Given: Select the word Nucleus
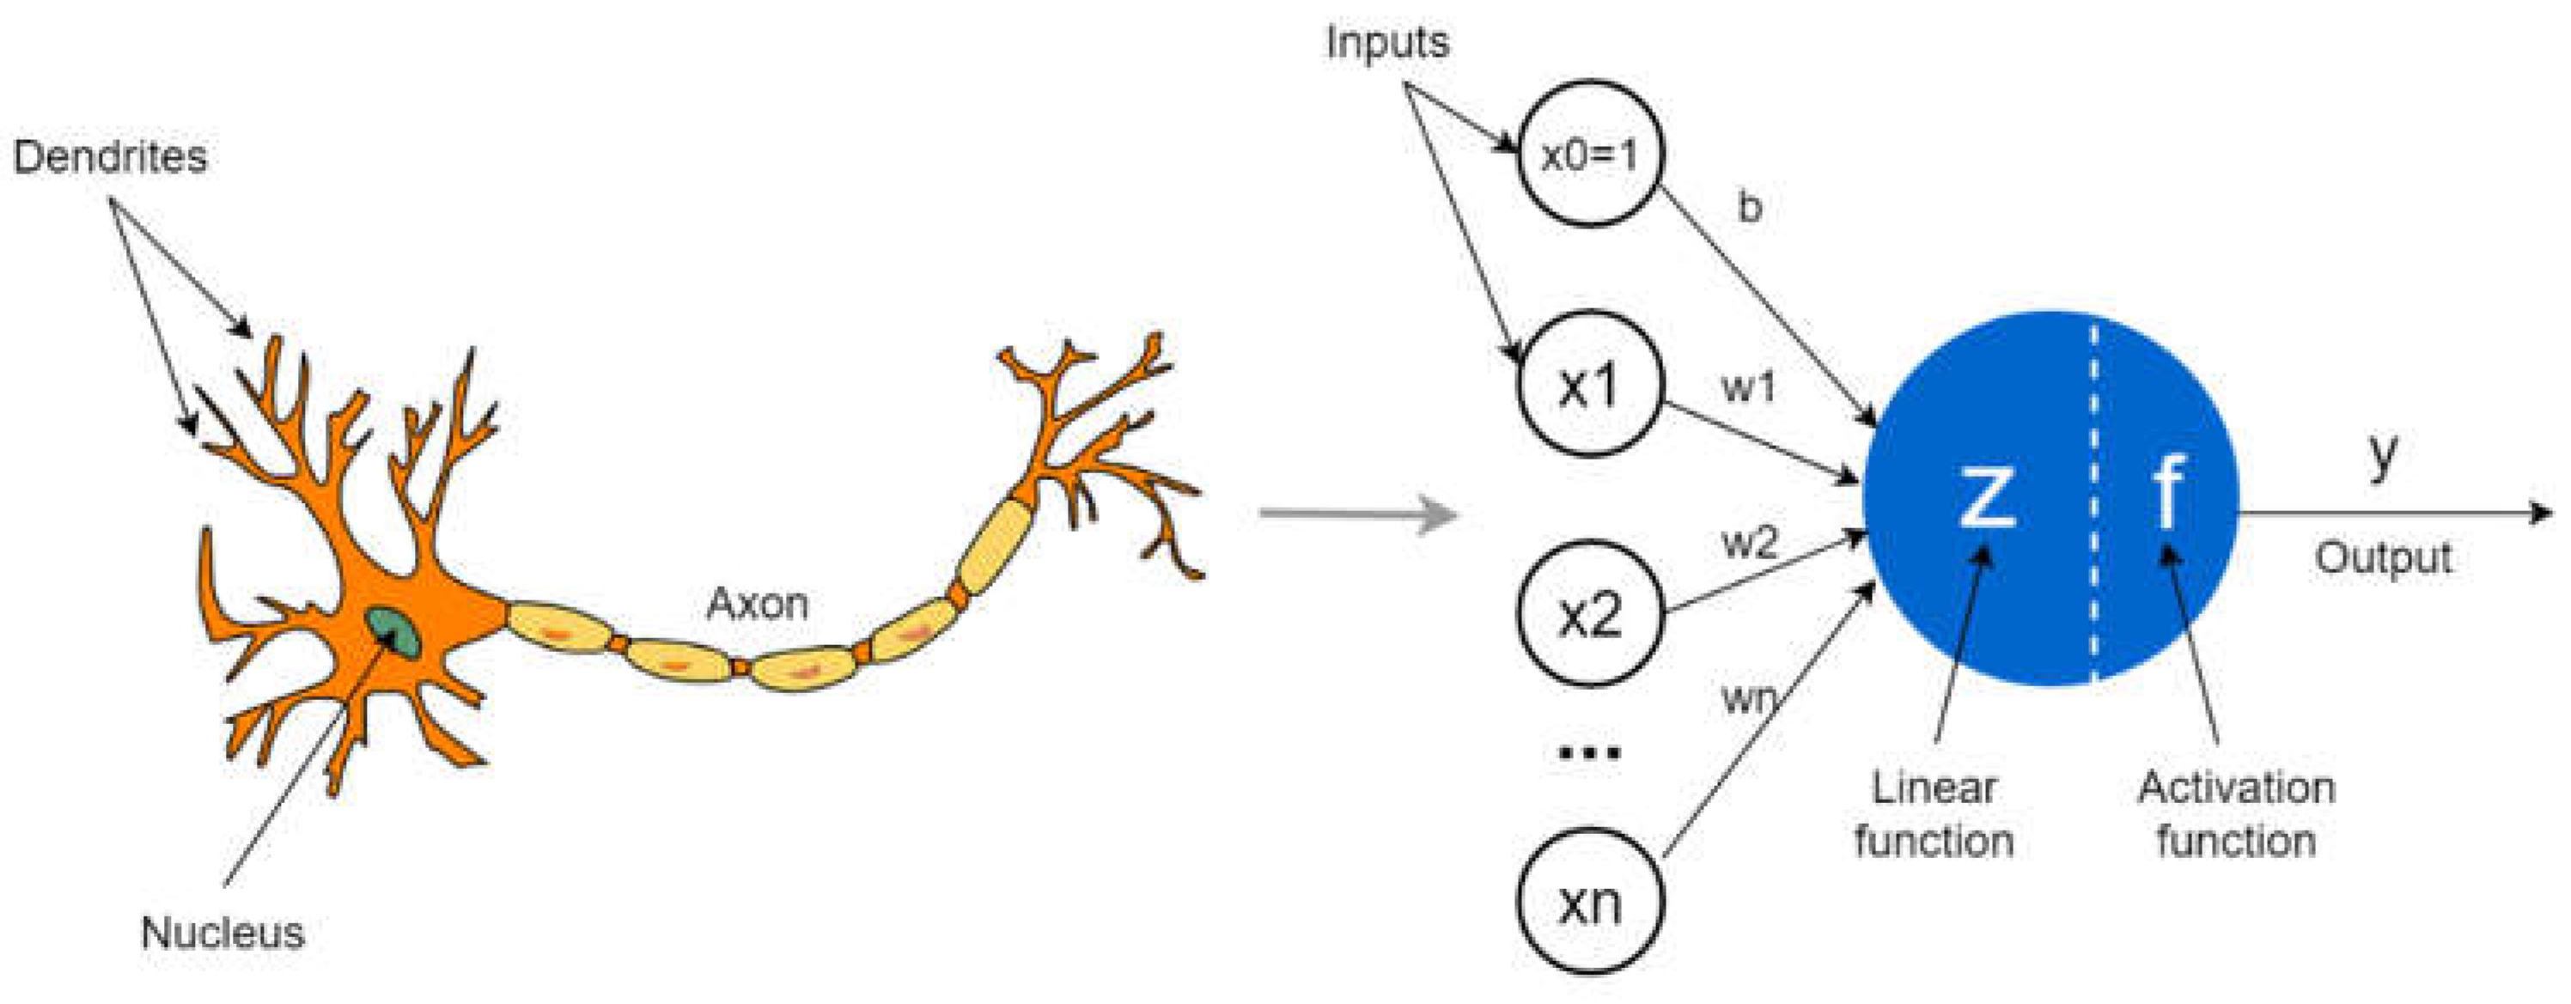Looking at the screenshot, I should (x=222, y=933).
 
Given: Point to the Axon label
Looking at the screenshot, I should (x=757, y=604).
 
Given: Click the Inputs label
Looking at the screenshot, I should (x=1386, y=43).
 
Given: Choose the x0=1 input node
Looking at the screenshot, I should (x=1590, y=155).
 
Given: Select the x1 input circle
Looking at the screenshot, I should (x=1590, y=386).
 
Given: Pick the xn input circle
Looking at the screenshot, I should (x=1590, y=902).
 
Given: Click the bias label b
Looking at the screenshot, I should (x=1750, y=208).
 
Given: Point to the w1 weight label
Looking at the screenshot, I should (x=1749, y=387).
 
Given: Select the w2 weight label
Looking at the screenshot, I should (x=1750, y=543).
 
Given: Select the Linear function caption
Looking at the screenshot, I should (x=1934, y=814).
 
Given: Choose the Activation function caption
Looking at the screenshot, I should (x=2236, y=814).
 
